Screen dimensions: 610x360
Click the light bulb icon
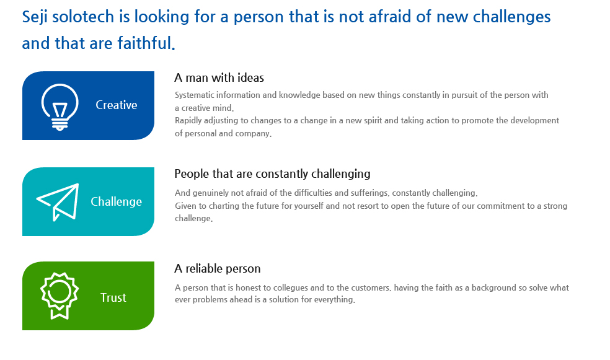(60, 107)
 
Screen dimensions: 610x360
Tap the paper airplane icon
(58, 202)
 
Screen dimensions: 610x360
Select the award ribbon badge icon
(60, 296)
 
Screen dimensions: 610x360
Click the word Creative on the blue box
(117, 105)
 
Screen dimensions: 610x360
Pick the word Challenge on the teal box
(117, 202)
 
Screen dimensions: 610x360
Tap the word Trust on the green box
(113, 298)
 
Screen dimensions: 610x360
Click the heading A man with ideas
(219, 77)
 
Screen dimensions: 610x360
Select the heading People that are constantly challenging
(272, 174)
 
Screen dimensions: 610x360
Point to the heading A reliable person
(218, 269)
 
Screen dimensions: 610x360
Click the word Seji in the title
(35, 17)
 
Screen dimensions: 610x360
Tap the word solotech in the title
(83, 17)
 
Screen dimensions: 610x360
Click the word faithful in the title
(144, 43)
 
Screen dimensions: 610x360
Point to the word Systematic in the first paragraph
(194, 95)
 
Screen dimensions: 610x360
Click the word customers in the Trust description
(370, 288)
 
